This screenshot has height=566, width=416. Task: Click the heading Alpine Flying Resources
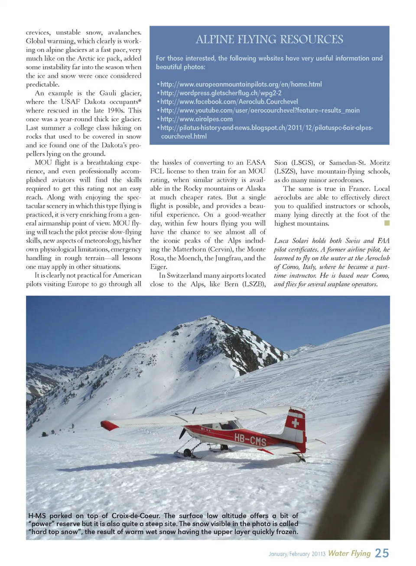pos(269,39)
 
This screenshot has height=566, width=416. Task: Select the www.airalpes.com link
pos(196,119)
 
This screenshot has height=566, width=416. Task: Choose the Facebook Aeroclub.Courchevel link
pos(229,101)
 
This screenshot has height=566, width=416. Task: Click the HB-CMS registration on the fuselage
pos(250,440)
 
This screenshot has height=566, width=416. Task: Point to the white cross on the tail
pos(295,422)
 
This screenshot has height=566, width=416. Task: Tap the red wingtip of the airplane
pos(109,425)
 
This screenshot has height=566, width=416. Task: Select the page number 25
pos(382,553)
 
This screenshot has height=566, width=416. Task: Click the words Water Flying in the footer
pos(349,553)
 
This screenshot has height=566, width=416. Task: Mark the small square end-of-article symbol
pos(387,223)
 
